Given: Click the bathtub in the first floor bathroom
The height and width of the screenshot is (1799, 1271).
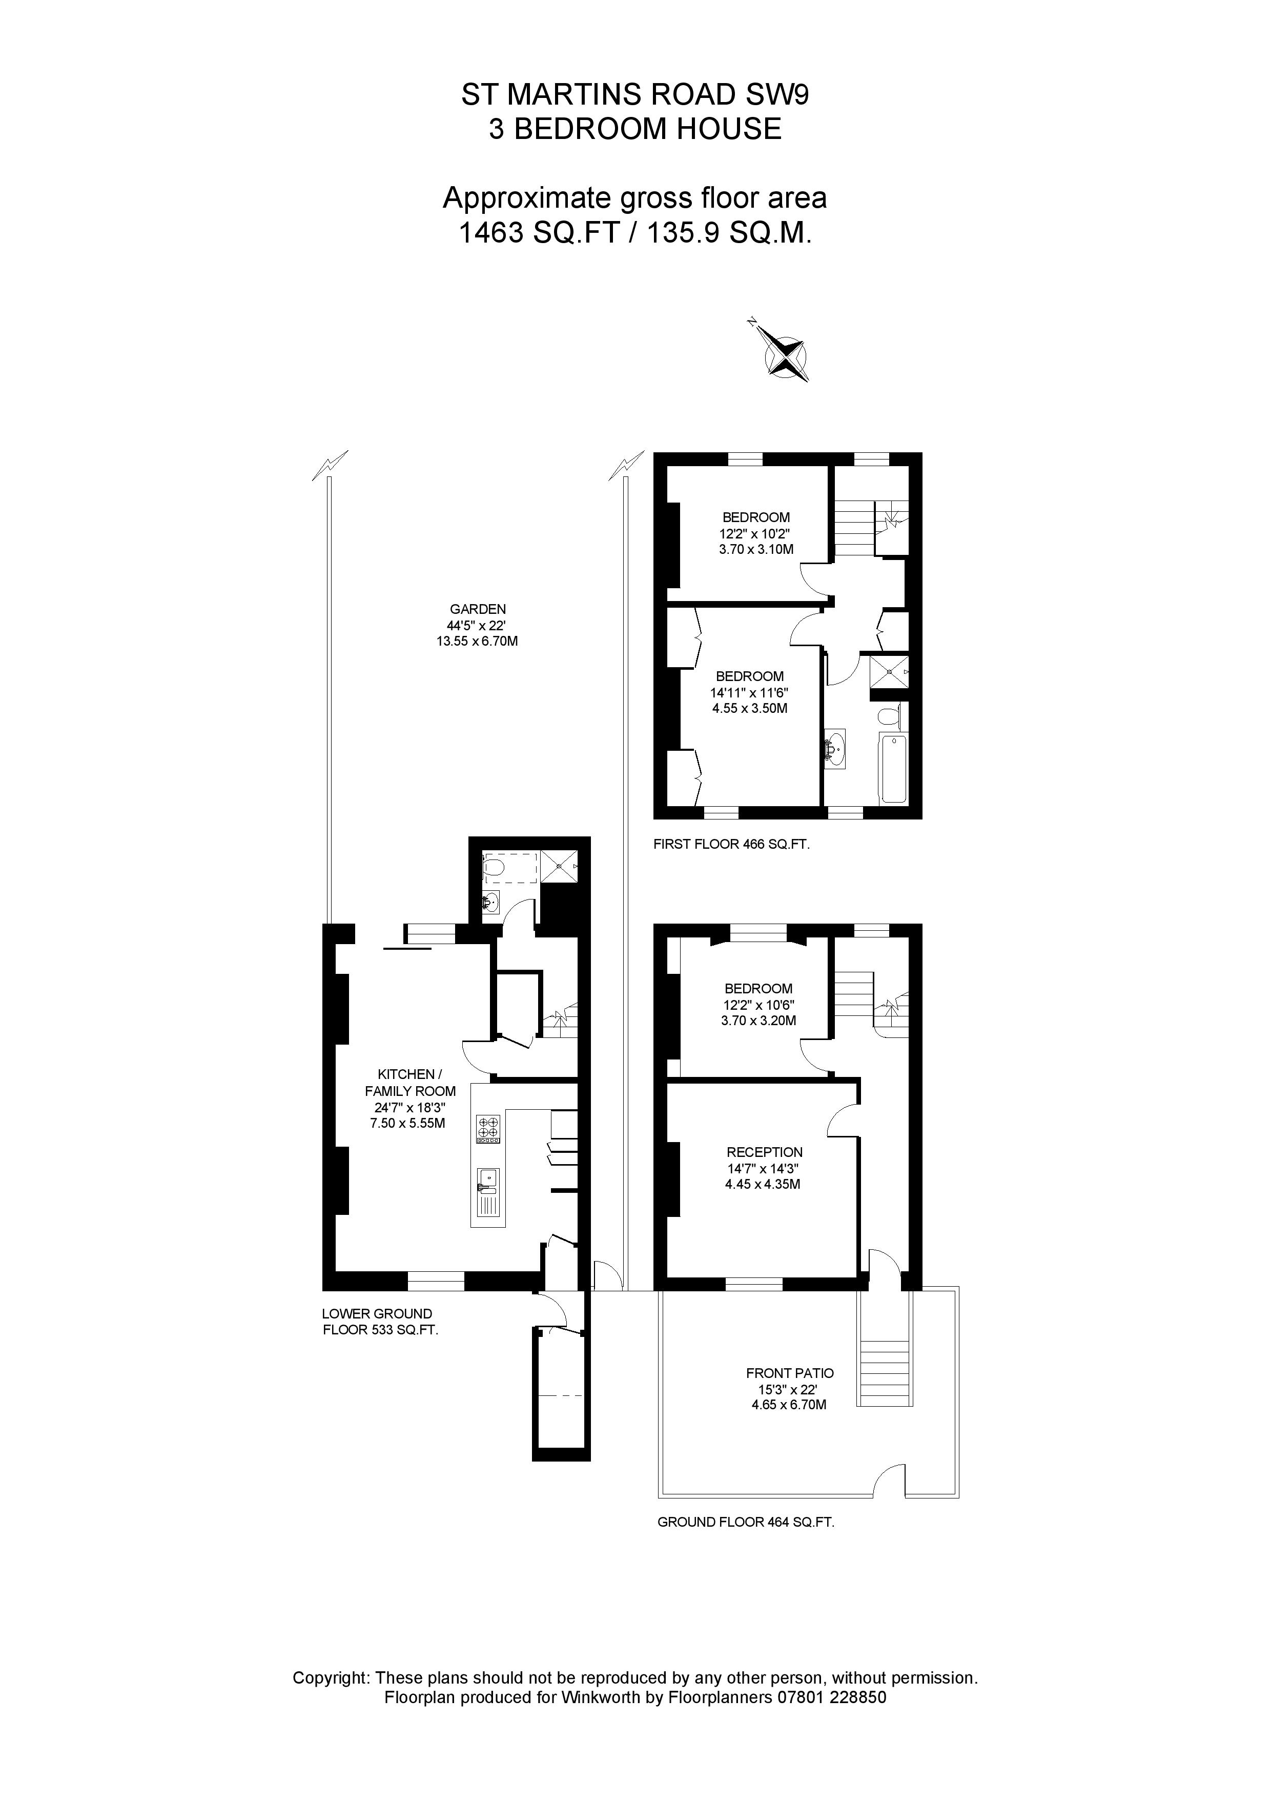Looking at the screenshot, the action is [893, 769].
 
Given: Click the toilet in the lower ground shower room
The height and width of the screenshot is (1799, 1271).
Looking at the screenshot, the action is [493, 867].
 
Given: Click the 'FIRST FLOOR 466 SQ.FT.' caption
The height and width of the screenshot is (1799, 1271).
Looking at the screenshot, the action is [731, 845].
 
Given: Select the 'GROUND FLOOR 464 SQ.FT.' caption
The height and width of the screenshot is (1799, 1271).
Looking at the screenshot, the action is [746, 1522].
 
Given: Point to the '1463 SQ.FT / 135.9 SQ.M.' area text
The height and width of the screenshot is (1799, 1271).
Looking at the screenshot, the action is [634, 233].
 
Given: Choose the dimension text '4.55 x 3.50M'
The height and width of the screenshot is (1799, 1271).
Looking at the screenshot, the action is [749, 708].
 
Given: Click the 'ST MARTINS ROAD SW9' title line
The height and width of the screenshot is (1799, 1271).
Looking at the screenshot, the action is [634, 95].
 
